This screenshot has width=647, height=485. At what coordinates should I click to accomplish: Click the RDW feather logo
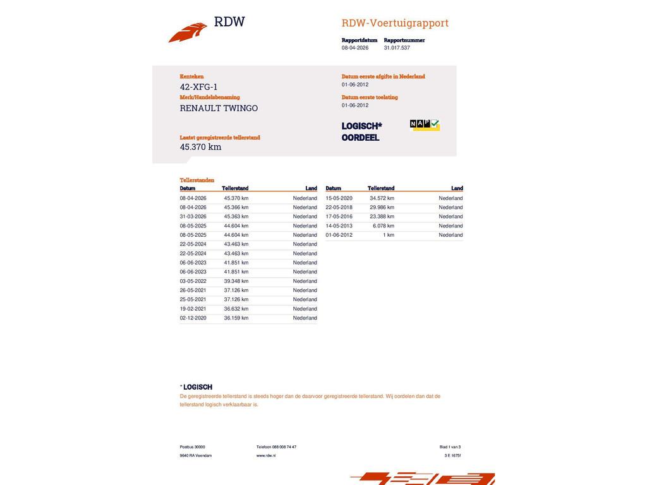pyautogui.click(x=188, y=32)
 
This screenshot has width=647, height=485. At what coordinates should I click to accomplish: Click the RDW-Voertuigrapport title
pyautogui.click(x=395, y=23)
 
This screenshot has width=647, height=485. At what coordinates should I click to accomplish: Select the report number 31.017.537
pyautogui.click(x=397, y=48)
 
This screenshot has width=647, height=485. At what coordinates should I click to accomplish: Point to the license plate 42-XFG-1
pyautogui.click(x=198, y=87)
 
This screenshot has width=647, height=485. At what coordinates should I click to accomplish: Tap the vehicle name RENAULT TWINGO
pyautogui.click(x=219, y=108)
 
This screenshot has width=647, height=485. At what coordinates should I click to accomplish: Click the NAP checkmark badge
pyautogui.click(x=425, y=125)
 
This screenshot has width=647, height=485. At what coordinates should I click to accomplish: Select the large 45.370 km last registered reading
pyautogui.click(x=200, y=147)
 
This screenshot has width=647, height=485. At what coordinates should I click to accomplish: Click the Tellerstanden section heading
pyautogui.click(x=197, y=180)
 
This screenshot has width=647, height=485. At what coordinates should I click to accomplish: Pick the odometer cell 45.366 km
pyautogui.click(x=236, y=207)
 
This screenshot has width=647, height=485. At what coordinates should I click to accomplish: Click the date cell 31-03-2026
pyautogui.click(x=193, y=217)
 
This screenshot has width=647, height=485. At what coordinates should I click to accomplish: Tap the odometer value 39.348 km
pyautogui.click(x=236, y=281)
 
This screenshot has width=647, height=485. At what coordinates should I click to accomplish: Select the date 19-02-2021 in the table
pyautogui.click(x=193, y=309)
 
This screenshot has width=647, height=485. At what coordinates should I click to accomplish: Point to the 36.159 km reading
pyautogui.click(x=236, y=318)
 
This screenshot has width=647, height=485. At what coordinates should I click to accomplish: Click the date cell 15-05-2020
pyautogui.click(x=339, y=198)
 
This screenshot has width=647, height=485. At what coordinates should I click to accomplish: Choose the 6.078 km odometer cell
pyautogui.click(x=384, y=226)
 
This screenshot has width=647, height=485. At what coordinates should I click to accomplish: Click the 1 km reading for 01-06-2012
pyautogui.click(x=389, y=235)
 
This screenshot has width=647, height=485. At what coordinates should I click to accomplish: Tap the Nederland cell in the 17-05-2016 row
pyautogui.click(x=450, y=217)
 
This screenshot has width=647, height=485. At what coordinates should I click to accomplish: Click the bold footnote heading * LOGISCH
pyautogui.click(x=197, y=387)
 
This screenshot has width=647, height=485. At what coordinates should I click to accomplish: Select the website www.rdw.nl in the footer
pyautogui.click(x=266, y=455)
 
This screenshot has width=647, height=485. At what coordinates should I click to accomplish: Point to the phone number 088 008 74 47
pyautogui.click(x=284, y=447)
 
